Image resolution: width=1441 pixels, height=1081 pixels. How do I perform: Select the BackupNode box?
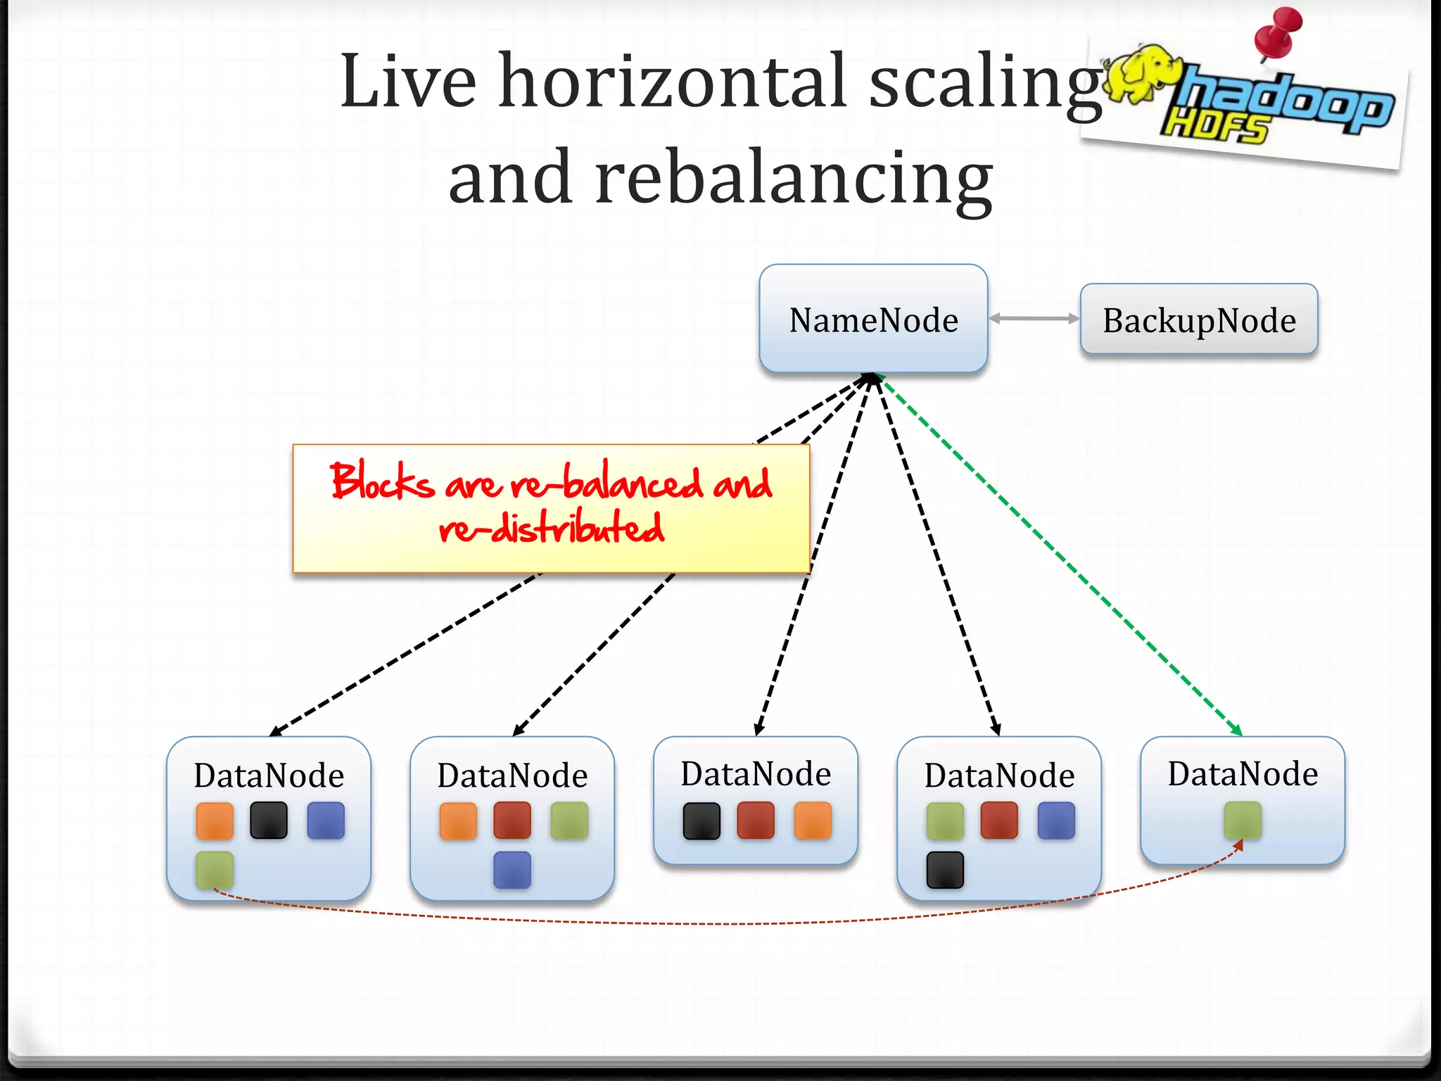1198,320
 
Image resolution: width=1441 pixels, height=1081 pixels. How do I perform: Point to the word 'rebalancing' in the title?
794,179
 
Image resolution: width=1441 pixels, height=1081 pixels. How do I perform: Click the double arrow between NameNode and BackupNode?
1034,319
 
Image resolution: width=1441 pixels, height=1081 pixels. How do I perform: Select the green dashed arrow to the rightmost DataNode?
1062,556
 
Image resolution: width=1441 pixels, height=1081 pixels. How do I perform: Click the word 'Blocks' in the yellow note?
382,482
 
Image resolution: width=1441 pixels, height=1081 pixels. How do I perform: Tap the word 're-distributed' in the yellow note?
552,528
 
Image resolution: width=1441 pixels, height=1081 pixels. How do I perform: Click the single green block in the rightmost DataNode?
1243,821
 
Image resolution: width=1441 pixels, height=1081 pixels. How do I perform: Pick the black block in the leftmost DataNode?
269,821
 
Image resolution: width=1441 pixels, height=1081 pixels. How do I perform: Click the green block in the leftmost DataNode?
215,871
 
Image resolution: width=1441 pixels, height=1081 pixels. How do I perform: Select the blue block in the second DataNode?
512,871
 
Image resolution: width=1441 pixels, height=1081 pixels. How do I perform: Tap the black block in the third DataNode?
702,821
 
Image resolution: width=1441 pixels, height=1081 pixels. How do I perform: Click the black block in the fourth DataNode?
945,871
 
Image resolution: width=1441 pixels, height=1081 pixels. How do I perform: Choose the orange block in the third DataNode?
813,821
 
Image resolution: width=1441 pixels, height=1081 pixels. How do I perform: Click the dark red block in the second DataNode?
512,821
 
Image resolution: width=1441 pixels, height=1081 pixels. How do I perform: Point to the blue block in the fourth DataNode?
1056,821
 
